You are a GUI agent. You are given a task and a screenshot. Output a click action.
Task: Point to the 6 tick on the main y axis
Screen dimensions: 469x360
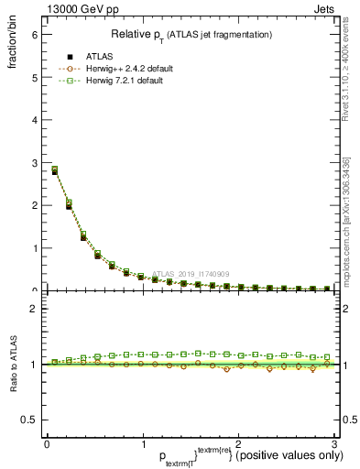pyautogui.click(x=35, y=34)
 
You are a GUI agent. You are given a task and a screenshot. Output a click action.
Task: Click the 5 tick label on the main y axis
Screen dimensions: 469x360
pyautogui.click(x=35, y=77)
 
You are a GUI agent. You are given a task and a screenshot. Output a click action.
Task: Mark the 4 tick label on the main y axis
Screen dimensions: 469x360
pyautogui.click(x=35, y=120)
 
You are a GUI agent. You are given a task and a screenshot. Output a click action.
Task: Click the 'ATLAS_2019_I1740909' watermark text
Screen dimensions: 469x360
pyautogui.click(x=193, y=273)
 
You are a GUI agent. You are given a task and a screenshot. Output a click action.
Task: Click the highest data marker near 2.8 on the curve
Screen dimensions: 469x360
pyautogui.click(x=54, y=169)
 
